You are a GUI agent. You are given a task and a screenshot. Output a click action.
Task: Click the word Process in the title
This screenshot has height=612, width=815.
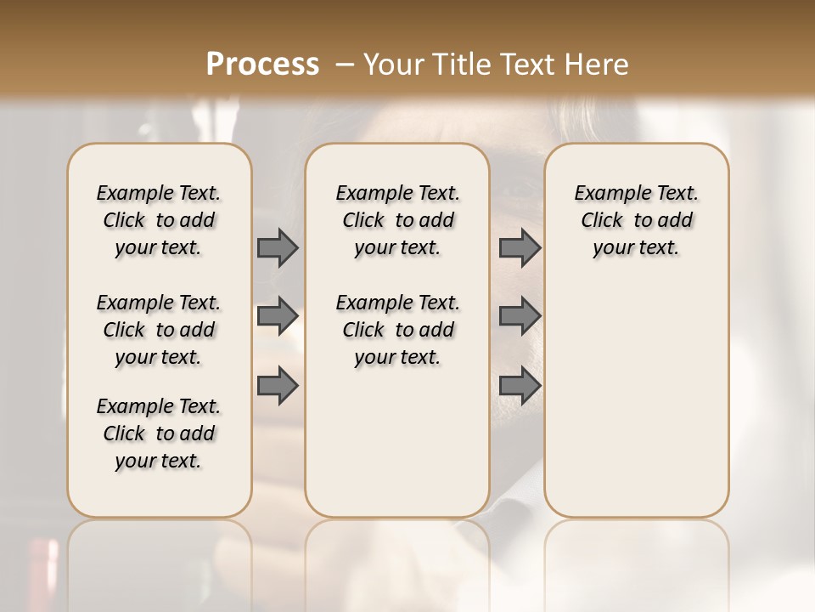[x=262, y=64]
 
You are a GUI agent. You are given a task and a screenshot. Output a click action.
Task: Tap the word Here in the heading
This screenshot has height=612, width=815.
[x=598, y=65]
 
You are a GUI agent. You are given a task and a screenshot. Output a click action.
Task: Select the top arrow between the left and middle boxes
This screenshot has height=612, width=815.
[x=278, y=247]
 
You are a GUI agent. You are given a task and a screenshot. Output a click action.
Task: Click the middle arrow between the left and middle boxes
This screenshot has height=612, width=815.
[x=278, y=316]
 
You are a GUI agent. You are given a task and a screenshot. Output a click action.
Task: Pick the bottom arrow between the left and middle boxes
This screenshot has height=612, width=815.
[x=278, y=386]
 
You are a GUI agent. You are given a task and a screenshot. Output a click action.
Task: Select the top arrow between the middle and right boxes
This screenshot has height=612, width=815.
[x=520, y=247]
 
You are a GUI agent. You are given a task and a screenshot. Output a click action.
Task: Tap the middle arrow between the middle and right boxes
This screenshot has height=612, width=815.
[x=520, y=316]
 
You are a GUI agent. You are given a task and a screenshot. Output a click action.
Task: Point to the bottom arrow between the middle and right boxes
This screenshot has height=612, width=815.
[x=520, y=386]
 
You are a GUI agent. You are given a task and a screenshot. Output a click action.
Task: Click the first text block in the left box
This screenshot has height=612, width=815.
[x=159, y=220]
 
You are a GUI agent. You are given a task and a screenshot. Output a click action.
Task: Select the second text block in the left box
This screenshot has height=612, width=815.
[x=159, y=330]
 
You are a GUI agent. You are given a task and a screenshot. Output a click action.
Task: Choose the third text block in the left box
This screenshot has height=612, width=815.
[x=159, y=433]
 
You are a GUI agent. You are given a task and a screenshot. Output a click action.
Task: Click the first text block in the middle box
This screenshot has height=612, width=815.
[x=397, y=220]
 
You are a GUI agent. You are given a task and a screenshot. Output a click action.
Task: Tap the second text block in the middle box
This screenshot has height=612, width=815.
[x=397, y=330]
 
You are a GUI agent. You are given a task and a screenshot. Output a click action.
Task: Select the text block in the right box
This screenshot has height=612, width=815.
[x=637, y=220]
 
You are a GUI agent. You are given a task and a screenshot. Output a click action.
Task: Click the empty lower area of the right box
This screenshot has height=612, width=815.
[x=637, y=408]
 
